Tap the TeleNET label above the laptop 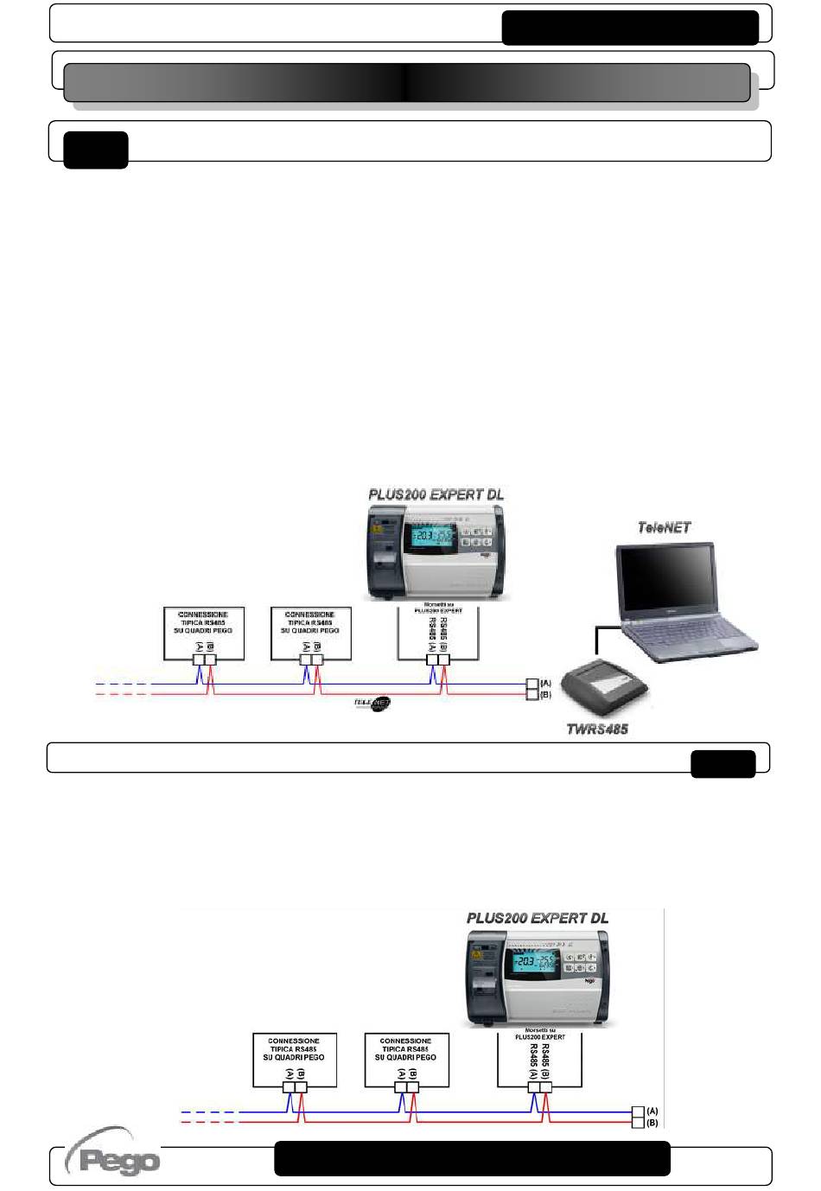(x=664, y=527)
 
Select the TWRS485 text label (x=596, y=729)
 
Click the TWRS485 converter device (x=603, y=686)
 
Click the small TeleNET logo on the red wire (x=372, y=704)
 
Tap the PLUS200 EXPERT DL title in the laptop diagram (x=436, y=494)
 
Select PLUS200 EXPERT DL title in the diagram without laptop (x=537, y=918)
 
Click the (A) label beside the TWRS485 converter (x=545, y=684)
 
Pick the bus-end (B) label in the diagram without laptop (x=652, y=1123)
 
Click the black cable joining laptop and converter (x=596, y=640)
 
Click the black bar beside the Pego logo (x=472, y=1158)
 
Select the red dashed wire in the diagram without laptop (x=207, y=1122)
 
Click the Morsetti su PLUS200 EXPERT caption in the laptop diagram (x=438, y=608)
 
